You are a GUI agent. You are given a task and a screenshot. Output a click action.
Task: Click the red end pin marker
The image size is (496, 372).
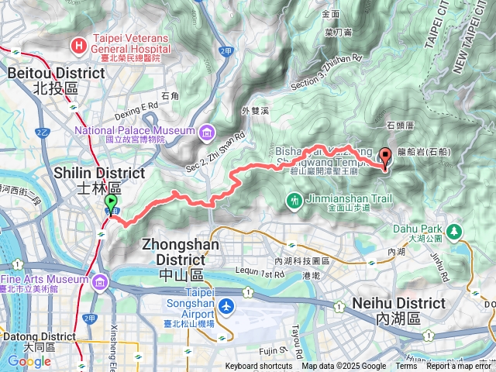click(x=386, y=156)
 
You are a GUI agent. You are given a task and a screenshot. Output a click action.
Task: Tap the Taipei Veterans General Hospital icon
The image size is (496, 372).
click(x=77, y=47)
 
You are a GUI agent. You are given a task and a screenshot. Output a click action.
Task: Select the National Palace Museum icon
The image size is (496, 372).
click(x=206, y=135)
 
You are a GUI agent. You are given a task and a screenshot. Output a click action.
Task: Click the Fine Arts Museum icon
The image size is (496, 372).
click(x=102, y=284)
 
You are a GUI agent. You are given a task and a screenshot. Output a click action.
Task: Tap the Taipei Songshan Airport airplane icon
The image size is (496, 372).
click(x=226, y=307)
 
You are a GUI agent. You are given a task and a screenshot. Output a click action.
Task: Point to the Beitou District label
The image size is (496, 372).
click(x=55, y=80)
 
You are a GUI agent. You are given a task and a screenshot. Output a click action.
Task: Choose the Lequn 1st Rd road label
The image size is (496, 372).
click(x=259, y=274)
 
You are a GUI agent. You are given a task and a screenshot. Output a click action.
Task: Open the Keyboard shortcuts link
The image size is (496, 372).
click(x=259, y=367)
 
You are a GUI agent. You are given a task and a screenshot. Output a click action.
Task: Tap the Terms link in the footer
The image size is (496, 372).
click(x=406, y=367)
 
